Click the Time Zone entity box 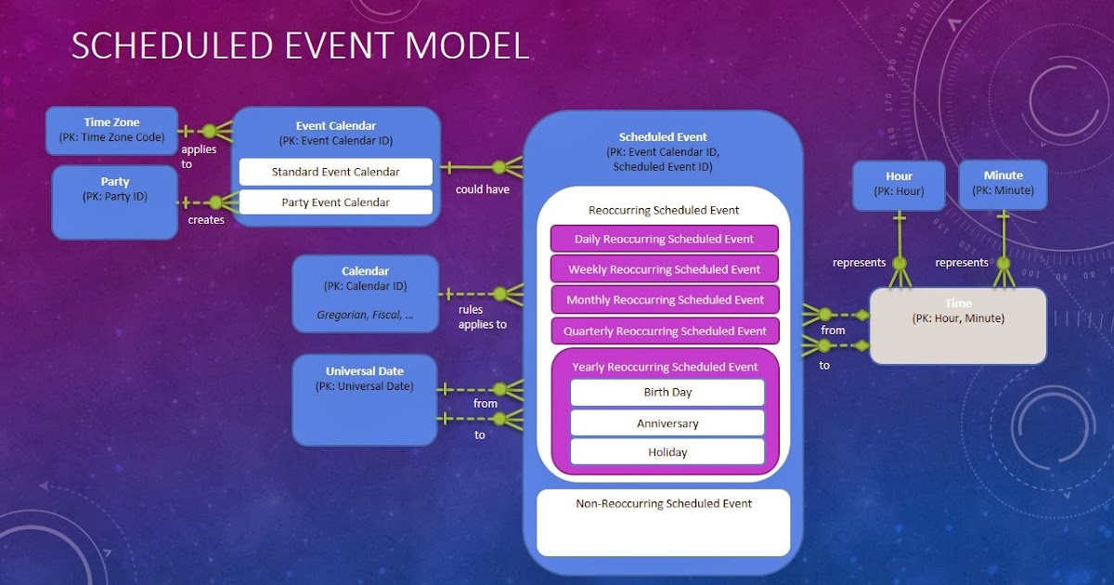(111, 130)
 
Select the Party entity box (114, 201)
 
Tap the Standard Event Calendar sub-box (335, 172)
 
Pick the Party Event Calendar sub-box (335, 202)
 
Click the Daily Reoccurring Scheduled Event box (664, 239)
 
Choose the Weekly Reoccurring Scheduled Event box (664, 269)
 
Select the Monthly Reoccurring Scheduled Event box (664, 300)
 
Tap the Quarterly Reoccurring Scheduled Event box (664, 331)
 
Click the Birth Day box (667, 392)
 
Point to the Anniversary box (667, 423)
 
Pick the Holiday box (667, 452)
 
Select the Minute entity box (1003, 183)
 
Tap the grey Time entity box (957, 325)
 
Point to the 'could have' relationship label (483, 189)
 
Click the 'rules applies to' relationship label (483, 317)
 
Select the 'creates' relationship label (206, 220)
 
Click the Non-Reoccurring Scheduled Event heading (665, 503)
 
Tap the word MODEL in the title (463, 46)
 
